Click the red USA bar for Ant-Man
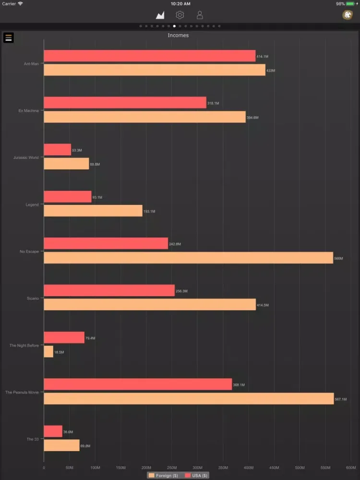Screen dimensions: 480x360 point(149,56)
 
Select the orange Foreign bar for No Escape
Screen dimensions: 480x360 point(188,258)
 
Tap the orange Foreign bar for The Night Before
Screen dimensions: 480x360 point(48,352)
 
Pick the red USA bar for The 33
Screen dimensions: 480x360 point(53,432)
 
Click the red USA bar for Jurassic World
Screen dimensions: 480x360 point(57,150)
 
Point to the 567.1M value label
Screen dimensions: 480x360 point(340,399)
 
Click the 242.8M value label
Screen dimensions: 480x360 point(175,244)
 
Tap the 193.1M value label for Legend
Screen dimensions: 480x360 point(149,212)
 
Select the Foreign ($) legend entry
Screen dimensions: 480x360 point(164,476)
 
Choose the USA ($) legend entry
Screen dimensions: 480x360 point(196,476)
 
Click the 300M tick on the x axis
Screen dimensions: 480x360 point(197,468)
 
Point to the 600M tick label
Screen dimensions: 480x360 point(350,468)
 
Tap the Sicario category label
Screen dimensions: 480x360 point(33,299)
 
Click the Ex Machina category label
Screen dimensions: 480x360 point(28,111)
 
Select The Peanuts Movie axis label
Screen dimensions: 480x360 point(22,392)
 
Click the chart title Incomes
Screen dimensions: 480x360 point(178,36)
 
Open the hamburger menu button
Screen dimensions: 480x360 point(8,37)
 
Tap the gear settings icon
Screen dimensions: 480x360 point(180,15)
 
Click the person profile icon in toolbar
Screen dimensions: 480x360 point(200,15)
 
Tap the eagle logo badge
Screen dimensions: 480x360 point(347,15)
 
